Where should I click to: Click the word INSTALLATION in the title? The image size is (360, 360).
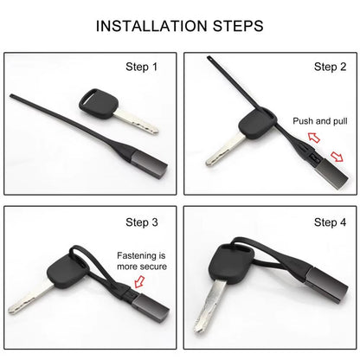point(151,26)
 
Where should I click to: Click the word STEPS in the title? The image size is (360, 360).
point(238,26)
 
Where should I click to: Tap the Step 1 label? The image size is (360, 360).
point(142,67)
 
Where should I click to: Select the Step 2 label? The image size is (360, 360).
point(330,67)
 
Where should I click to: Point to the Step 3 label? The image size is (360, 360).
point(142,222)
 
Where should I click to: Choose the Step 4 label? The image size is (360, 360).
point(330,222)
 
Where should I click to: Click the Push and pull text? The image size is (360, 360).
point(320,121)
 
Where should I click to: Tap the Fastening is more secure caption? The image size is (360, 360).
point(142,261)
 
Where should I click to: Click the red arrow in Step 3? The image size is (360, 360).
point(139,282)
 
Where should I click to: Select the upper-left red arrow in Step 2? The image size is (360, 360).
point(314,138)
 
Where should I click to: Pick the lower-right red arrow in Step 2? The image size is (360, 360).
point(337,157)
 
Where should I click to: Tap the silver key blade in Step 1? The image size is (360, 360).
point(136,123)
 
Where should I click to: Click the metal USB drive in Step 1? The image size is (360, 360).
point(150,164)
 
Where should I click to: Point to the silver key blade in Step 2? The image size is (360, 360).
point(226,151)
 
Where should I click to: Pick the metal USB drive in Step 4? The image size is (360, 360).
point(326,285)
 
